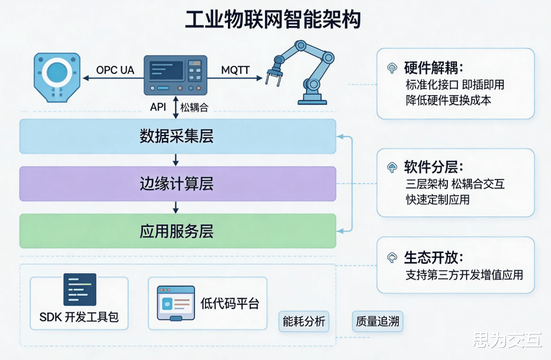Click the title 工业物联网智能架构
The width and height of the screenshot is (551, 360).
pyautogui.click(x=273, y=20)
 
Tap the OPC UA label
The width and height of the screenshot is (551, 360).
pyautogui.click(x=115, y=70)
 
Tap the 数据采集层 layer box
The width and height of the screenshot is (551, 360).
pyautogui.click(x=177, y=136)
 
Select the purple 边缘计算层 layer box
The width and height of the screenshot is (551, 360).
pyautogui.click(x=177, y=184)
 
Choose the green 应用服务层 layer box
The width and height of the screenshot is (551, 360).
pyautogui.click(x=177, y=231)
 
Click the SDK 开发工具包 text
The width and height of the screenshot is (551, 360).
pyautogui.click(x=79, y=317)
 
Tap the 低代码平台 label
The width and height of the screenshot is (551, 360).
pyautogui.click(x=230, y=304)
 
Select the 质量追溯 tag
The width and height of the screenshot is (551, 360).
pyautogui.click(x=377, y=322)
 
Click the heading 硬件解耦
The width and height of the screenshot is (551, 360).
pyautogui.click(x=434, y=68)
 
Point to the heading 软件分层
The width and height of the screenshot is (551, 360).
pyautogui.click(x=434, y=168)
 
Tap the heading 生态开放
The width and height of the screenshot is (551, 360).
pyautogui.click(x=434, y=257)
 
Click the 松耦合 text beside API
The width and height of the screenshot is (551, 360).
pyautogui.click(x=194, y=107)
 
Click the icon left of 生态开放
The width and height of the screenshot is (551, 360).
pyautogui.click(x=392, y=258)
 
